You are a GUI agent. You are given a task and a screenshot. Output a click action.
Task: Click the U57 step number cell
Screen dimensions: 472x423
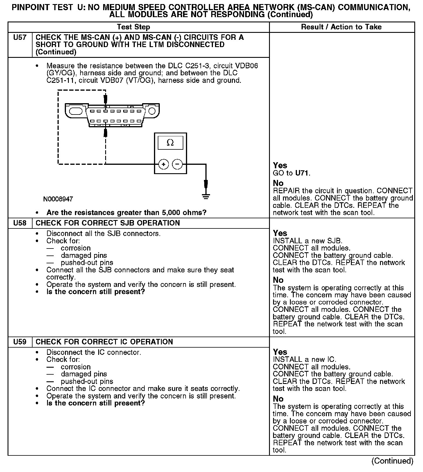click(x=20, y=37)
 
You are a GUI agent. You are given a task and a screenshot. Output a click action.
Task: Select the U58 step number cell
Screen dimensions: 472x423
click(x=20, y=223)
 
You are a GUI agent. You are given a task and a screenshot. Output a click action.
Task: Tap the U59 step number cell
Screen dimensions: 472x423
click(x=20, y=342)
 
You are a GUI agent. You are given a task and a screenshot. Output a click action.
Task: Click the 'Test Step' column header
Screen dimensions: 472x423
click(x=133, y=27)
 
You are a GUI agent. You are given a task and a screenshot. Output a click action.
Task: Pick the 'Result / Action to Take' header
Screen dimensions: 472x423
click(x=341, y=27)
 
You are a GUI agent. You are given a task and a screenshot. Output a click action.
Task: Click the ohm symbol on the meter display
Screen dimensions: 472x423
click(x=170, y=143)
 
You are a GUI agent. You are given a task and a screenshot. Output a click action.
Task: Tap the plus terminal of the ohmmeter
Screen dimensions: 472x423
click(x=164, y=164)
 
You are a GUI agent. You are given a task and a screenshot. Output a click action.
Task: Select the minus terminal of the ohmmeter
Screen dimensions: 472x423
click(x=177, y=164)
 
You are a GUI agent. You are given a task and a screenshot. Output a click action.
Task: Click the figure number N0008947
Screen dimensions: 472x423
click(x=58, y=199)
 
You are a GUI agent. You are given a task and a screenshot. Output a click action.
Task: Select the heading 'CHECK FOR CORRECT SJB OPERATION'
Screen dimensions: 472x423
click(x=107, y=223)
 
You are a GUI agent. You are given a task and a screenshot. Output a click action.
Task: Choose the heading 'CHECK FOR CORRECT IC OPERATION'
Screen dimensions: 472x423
click(x=104, y=342)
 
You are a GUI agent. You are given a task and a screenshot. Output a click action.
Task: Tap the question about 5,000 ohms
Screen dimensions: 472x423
click(x=126, y=212)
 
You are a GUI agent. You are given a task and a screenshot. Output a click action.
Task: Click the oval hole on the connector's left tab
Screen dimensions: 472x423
click(x=76, y=111)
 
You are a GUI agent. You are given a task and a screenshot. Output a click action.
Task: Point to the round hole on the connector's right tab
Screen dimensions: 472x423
click(x=152, y=111)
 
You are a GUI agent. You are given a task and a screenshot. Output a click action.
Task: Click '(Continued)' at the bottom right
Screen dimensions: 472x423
click(x=392, y=461)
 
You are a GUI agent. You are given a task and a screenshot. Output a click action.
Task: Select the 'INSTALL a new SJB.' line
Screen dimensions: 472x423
click(x=308, y=241)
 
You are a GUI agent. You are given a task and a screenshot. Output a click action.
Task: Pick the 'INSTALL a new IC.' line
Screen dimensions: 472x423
click(x=304, y=360)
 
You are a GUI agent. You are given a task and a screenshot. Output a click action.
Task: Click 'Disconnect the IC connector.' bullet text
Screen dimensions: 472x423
click(x=94, y=352)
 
